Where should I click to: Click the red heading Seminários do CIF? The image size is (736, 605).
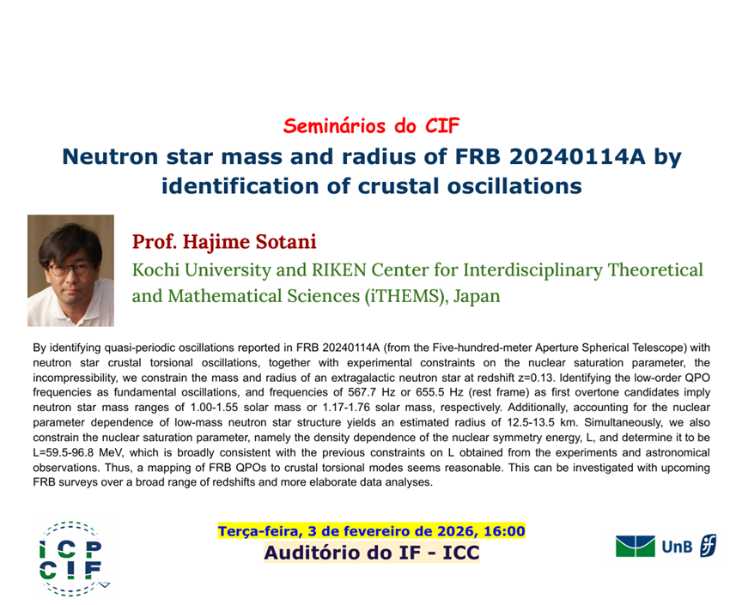point(371,126)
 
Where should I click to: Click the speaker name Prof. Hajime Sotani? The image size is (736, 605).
point(224,242)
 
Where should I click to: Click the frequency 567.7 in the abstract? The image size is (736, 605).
point(362,392)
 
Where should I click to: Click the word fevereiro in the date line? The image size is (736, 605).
point(376,531)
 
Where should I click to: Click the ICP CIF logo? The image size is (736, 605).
point(70,558)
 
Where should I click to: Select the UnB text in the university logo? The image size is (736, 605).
point(677,547)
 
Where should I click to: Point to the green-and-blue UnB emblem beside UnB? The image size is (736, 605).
point(636,547)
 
